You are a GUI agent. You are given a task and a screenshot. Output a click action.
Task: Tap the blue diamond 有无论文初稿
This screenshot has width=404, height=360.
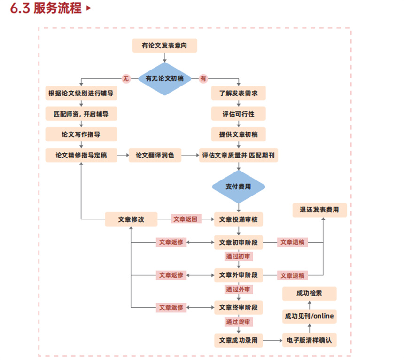[x=164, y=79]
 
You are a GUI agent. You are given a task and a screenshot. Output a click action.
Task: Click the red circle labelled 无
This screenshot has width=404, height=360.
[x=125, y=79]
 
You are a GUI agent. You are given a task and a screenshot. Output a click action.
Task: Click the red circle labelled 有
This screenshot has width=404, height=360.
[x=203, y=79]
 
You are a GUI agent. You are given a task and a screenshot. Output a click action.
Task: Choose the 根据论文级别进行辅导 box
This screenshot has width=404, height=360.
[x=81, y=93]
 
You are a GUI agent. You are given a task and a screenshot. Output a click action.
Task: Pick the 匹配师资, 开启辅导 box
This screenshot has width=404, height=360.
[x=81, y=114]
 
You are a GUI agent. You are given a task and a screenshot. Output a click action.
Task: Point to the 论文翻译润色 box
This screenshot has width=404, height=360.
[x=155, y=155]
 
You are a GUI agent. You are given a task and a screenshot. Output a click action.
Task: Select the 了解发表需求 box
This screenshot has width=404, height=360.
[x=238, y=93]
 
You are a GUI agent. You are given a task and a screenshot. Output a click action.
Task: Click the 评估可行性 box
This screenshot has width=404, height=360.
[x=238, y=114]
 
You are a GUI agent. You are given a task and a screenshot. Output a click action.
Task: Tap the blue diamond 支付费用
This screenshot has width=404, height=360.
[x=238, y=187]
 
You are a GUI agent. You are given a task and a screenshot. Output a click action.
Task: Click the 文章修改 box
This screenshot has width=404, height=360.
[x=131, y=219]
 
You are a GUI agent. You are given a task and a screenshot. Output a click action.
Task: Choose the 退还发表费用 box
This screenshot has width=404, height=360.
[x=319, y=210]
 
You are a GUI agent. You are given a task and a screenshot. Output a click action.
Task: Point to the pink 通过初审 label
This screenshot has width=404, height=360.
[x=238, y=256]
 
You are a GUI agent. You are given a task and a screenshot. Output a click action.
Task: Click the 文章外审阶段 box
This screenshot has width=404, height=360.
[x=238, y=275]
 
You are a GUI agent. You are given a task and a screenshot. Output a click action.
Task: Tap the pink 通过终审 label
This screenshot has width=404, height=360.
[x=238, y=322]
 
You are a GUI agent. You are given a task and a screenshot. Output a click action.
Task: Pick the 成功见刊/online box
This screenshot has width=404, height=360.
[x=309, y=316]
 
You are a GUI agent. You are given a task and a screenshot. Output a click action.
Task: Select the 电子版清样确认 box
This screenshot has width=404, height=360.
[x=309, y=340]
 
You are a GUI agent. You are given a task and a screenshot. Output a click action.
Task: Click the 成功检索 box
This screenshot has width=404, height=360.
[x=309, y=294]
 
